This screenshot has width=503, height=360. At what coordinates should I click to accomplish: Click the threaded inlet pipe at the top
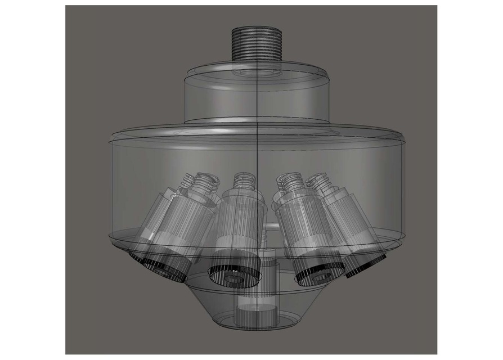coord(257,45)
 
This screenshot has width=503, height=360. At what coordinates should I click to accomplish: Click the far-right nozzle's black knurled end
coord(366,267)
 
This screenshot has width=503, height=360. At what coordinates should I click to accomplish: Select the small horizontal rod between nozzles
coord(273,227)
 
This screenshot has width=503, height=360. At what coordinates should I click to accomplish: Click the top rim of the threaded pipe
coord(257,28)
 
